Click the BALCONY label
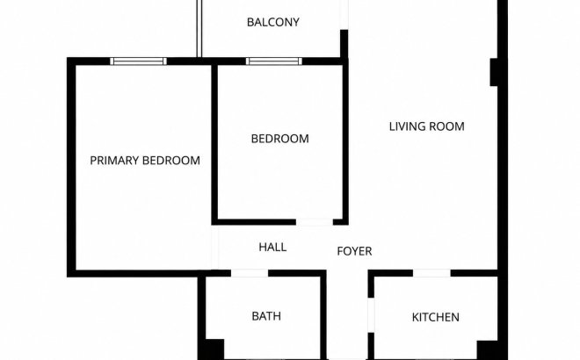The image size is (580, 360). pos(273,22)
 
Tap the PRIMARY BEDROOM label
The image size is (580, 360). pos(145,161)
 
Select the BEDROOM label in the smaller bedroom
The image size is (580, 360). pos(280,139)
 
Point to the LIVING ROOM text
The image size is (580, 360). pos(426,126)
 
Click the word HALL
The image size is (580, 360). pos(272,247)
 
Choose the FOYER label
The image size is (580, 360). pos(354,251)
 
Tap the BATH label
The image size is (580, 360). pos(266,316)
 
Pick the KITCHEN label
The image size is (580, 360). pos(436,317)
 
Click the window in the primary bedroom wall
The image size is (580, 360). pos(138,61)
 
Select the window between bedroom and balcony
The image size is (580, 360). pos(274,61)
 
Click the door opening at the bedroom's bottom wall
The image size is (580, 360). pos(315,222)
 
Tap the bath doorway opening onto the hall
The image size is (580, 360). pos(250,273)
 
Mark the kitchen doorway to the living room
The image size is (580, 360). pos(431,273)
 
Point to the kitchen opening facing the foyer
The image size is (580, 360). pos(371,315)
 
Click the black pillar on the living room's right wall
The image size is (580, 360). pos(494,72)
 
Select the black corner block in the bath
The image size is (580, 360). pos(214,349)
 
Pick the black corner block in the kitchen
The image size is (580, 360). pos(487,350)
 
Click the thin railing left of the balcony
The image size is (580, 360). pos(199,28)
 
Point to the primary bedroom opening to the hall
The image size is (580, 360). pos(215,248)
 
